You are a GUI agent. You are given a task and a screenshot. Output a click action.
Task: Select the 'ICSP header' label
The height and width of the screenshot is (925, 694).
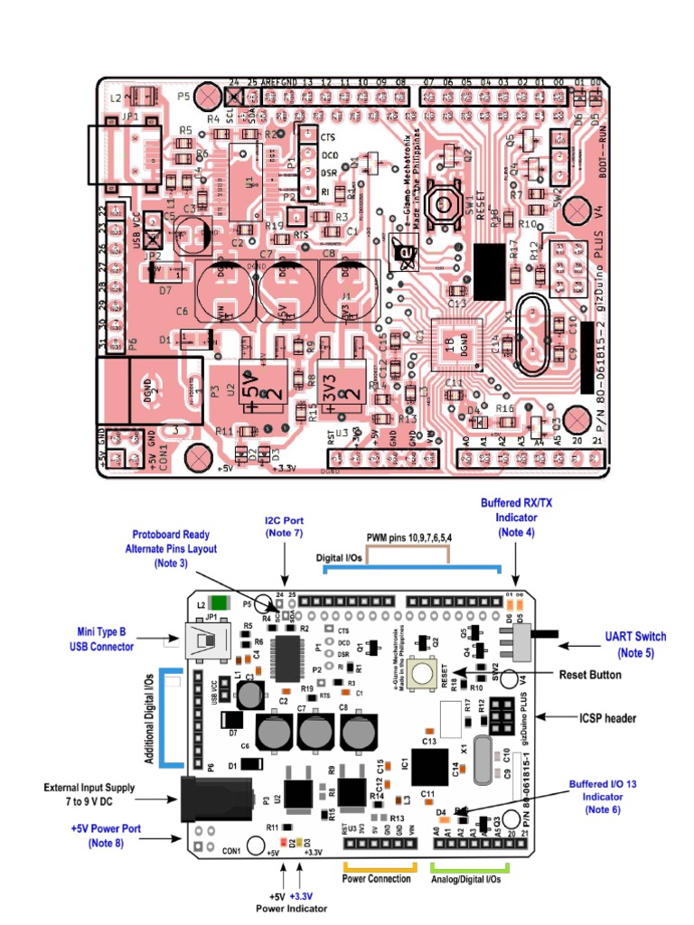pos(606,718)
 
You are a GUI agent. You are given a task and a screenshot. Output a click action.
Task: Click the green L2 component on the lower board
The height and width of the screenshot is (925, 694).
pos(218,603)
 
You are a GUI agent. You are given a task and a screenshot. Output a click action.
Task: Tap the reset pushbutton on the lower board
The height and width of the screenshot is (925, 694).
pos(420,671)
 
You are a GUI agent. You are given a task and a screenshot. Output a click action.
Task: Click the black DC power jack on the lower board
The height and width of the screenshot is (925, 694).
pos(202,799)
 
